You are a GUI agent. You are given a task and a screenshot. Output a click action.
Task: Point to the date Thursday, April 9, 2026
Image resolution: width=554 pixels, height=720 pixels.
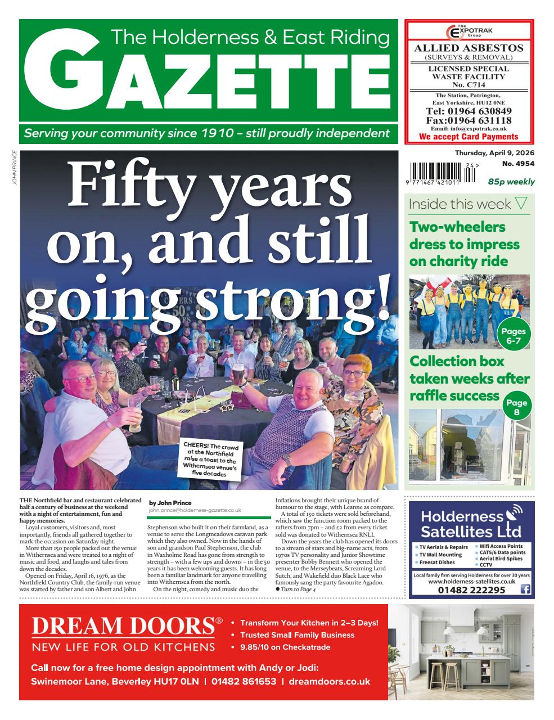pyautogui.click(x=494, y=153)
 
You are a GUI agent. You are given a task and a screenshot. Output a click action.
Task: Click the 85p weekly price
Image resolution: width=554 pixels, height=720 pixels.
pyautogui.click(x=511, y=182)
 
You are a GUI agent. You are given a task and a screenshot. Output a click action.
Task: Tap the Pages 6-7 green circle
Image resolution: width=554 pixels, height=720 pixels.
pyautogui.click(x=513, y=336)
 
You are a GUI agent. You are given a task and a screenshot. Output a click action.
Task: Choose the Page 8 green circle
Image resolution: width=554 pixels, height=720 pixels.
pyautogui.click(x=516, y=408)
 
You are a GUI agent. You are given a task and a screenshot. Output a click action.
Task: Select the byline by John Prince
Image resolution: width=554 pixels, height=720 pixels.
pyautogui.click(x=170, y=503)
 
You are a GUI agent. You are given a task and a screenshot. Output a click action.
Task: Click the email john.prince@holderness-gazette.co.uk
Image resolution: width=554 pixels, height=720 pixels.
pyautogui.click(x=195, y=510)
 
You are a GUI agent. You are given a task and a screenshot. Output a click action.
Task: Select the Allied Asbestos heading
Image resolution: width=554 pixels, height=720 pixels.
pyautogui.click(x=469, y=48)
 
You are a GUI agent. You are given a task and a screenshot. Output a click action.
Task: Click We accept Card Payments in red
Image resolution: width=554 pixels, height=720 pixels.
pyautogui.click(x=469, y=137)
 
